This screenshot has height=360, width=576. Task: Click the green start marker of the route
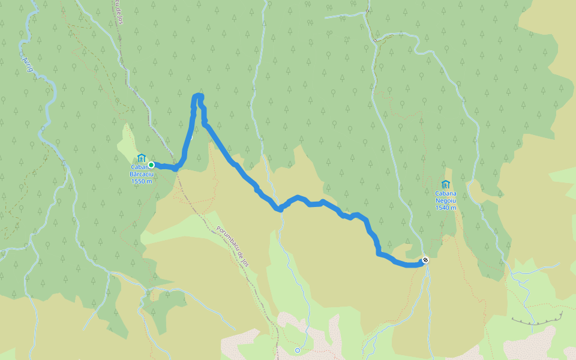[151, 164]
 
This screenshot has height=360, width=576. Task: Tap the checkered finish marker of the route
[425, 260]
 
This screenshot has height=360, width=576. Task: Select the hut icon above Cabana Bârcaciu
[141, 158]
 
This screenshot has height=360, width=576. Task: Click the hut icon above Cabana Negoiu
[445, 184]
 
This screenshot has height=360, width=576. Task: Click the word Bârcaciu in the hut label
[142, 174]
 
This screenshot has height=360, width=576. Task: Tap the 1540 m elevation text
[446, 208]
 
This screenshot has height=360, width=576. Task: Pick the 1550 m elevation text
[142, 181]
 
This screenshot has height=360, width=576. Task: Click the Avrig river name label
[27, 64]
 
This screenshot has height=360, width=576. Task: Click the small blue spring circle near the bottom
[297, 350]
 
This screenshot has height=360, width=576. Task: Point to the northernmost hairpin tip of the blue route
[197, 95]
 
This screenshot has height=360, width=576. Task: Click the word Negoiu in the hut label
[446, 200]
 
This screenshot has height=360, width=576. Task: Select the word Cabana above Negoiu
[446, 193]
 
